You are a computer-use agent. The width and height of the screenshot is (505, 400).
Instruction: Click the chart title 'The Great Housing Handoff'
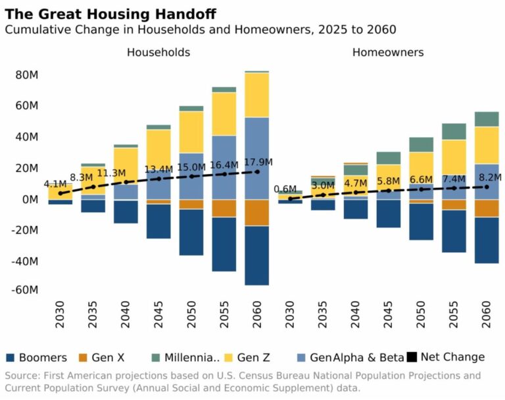point(110,14)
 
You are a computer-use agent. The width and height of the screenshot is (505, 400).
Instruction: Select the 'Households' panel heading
point(158,52)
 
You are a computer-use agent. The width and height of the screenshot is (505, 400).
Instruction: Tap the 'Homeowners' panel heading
point(388,52)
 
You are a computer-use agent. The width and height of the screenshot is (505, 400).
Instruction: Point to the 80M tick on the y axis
point(27,75)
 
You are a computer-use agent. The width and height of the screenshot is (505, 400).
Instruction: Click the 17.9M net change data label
point(257,162)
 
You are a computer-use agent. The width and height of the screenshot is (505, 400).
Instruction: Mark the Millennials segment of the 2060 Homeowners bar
point(487,119)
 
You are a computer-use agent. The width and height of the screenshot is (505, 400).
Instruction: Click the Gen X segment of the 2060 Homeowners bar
point(487,208)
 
